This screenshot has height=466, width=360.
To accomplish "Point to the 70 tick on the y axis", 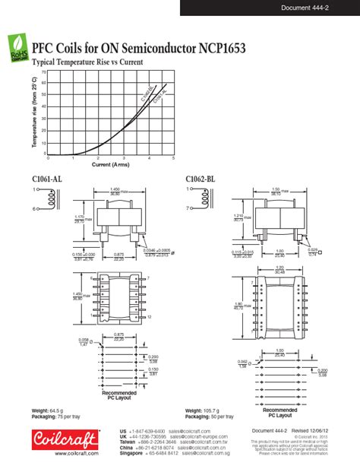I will [44, 72].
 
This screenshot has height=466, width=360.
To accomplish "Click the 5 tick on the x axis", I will [173, 158].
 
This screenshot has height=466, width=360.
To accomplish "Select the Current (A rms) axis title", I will [110, 164].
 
